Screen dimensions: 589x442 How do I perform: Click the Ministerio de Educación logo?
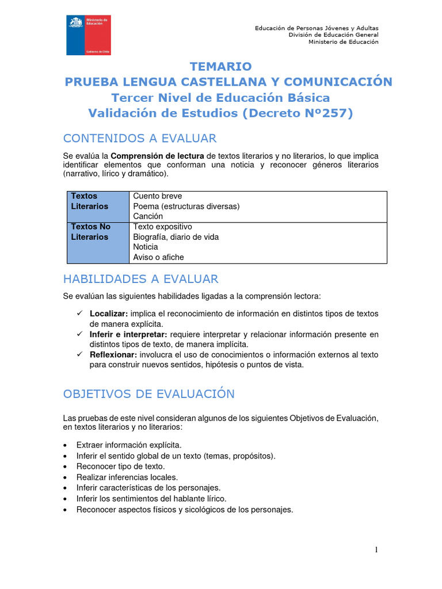[88, 36]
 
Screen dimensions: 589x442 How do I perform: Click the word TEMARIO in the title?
[221, 66]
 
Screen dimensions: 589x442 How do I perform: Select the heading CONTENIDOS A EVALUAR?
[140, 138]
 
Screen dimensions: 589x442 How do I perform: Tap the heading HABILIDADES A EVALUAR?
[140, 279]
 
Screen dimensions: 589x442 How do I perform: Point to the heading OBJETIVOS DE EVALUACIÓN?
[148, 394]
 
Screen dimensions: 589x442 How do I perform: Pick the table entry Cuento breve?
[157, 196]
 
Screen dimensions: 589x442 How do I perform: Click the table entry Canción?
[148, 216]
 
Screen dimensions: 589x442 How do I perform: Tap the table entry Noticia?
[145, 247]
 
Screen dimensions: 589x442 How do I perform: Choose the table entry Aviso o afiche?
[158, 257]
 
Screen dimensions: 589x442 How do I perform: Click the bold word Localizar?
[109, 313]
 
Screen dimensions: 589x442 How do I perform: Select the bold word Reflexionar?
[113, 355]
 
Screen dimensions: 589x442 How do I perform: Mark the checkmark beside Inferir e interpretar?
[79, 334]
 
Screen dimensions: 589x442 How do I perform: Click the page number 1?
[376, 550]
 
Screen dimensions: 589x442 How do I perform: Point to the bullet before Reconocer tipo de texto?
[67, 466]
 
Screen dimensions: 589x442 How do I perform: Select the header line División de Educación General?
[333, 35]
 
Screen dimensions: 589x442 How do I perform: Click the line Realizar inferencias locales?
[127, 477]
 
